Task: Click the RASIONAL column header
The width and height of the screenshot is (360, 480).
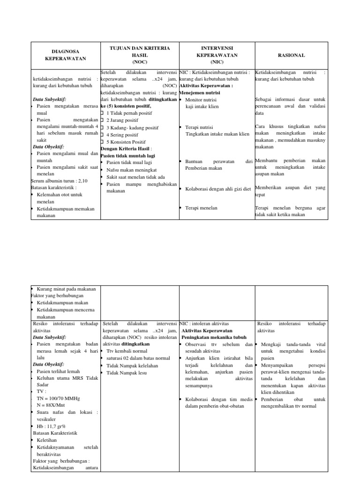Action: (291, 55)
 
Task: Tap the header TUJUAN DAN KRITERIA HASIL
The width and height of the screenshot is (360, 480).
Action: (139, 55)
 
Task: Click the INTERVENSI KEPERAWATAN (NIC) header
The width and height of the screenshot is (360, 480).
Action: (217, 55)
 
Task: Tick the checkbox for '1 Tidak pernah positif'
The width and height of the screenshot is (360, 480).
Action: (102, 113)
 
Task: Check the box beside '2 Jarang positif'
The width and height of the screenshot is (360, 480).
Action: (102, 120)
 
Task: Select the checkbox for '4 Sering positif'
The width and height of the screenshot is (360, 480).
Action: (102, 135)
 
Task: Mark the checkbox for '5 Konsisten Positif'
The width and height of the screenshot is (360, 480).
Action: (102, 142)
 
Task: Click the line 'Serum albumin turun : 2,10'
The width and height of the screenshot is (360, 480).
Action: (60, 180)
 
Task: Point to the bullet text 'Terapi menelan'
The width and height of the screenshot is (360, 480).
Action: (201, 208)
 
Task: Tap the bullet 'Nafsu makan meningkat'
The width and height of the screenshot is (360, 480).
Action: (132, 170)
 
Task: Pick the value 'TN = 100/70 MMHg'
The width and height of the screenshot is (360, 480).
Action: (58, 398)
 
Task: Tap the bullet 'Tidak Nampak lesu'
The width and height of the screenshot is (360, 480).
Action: (127, 373)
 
